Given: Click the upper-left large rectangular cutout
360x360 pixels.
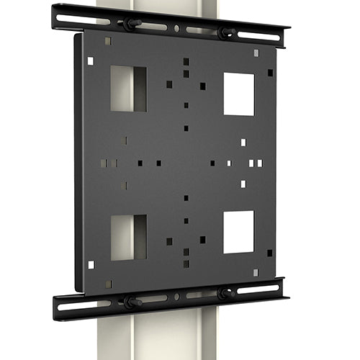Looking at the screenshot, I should coord(128,89).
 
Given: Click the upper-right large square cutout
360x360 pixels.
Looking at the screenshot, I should coord(238,94).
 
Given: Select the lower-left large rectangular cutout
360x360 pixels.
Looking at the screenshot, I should coord(128,237).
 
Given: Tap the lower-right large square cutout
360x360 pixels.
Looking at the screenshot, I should coord(238,232).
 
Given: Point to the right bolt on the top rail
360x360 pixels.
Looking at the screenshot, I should coord(225,32).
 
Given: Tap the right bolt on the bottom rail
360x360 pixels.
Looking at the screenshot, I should coord(224,294).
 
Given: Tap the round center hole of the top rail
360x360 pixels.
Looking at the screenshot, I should coord(177,29).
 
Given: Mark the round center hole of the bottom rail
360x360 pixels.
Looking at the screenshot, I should coord(176,297).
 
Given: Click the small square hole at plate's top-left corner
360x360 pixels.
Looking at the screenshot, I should coord(90,61).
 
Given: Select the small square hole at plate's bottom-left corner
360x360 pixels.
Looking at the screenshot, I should coord(91,264).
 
